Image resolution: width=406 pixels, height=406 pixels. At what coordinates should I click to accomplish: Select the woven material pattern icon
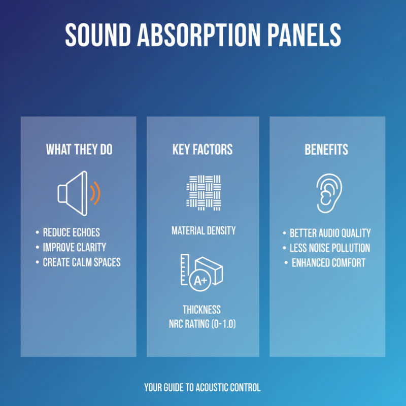click(x=203, y=192)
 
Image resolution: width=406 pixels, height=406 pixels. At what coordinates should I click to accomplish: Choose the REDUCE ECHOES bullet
click(x=71, y=232)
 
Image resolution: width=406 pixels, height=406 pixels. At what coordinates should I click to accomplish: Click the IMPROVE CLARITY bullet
click(x=74, y=247)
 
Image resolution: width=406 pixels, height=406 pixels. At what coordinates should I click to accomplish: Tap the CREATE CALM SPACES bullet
click(x=81, y=262)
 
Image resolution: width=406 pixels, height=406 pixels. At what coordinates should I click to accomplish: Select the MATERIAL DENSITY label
click(x=203, y=230)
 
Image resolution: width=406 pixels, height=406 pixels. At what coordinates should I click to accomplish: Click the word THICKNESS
click(x=201, y=310)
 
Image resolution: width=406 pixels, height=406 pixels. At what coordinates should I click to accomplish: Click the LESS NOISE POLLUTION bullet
click(x=329, y=248)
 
